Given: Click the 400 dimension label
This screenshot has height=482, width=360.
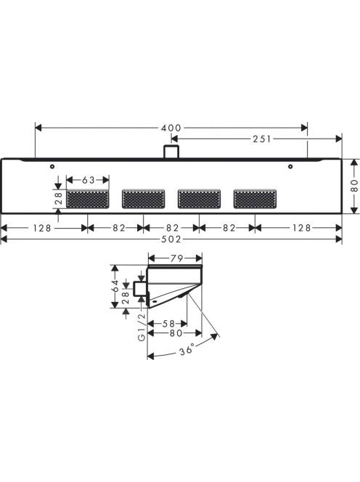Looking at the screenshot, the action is [171, 128].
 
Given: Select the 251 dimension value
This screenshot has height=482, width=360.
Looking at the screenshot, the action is [262, 139].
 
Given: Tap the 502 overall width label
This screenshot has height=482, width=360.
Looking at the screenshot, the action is [171, 239].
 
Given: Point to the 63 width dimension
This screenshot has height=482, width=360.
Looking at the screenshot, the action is [89, 180].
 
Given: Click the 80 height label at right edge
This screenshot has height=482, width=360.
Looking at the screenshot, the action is [354, 186].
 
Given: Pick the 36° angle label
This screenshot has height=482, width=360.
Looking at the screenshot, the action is [187, 349].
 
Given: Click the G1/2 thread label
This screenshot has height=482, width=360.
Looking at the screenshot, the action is [142, 327].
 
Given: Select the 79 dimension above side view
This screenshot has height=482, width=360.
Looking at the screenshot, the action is [176, 258].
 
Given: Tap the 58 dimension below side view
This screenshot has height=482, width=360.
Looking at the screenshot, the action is [168, 323].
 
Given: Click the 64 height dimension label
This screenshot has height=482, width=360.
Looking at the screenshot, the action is [115, 285].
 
